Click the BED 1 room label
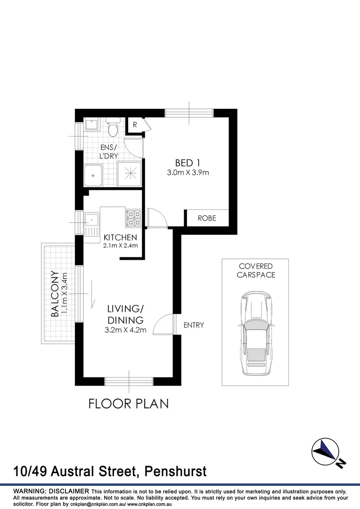tap(188, 163)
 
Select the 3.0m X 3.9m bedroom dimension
tap(188, 172)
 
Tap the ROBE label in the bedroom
tap(207, 218)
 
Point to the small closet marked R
tap(135, 125)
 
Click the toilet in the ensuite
tap(113, 127)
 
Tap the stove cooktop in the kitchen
tap(133, 218)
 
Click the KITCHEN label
tap(120, 238)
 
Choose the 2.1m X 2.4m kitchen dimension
tap(120, 246)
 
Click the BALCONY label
tap(55, 293)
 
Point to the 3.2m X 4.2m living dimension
tap(125, 330)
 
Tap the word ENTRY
tap(194, 325)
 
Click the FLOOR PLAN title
tap(129, 403)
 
